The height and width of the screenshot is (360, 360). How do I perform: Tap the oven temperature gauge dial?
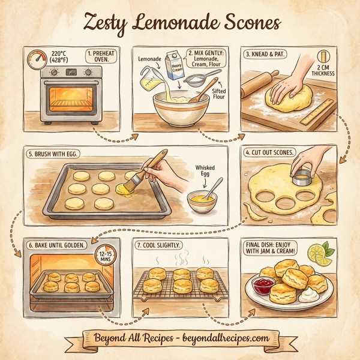tap(38, 59)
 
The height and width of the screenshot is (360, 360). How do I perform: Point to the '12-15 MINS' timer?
tap(106, 259)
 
